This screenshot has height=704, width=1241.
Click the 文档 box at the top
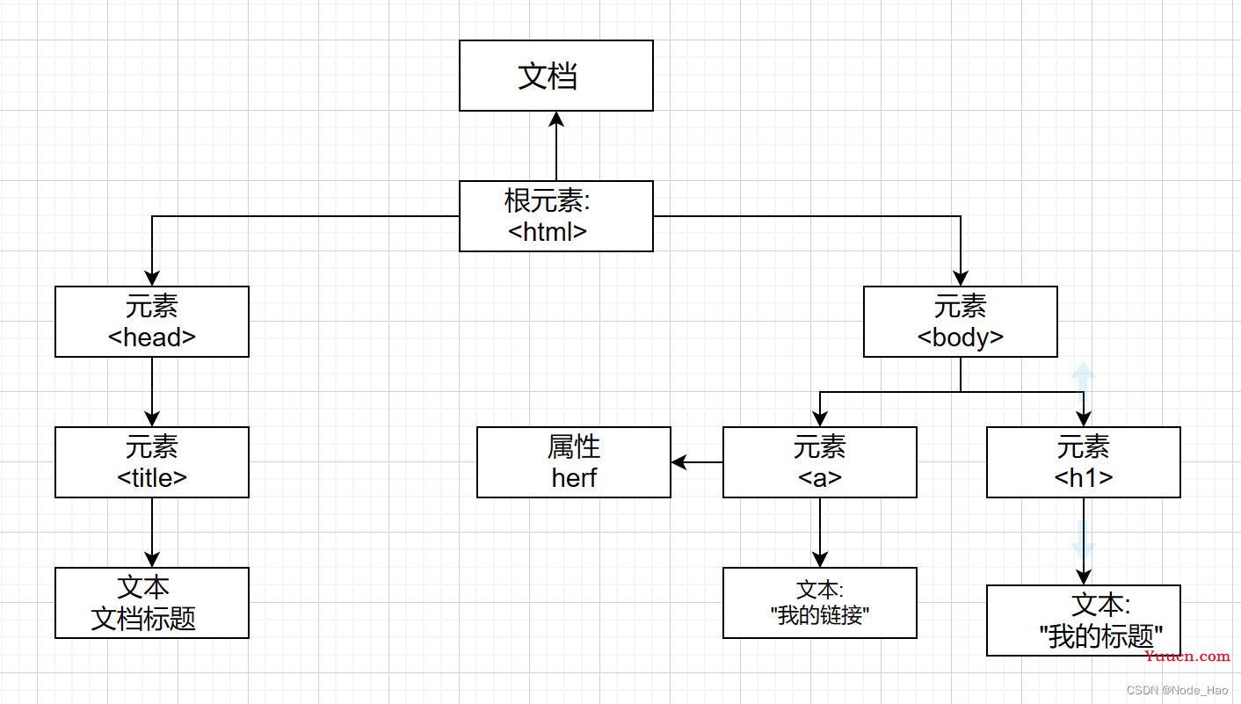[x=556, y=76]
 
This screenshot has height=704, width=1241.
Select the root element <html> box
[x=556, y=216]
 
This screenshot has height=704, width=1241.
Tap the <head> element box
[x=152, y=322]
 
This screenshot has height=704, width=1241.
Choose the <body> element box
[x=960, y=322]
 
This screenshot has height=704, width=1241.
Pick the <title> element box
[x=152, y=462]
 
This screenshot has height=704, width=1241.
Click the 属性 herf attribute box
[x=573, y=462]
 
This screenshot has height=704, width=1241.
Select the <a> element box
[x=819, y=462]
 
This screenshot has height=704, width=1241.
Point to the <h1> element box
[x=1083, y=462]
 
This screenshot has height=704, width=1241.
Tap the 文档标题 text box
[x=152, y=603]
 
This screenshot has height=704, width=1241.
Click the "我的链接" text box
[x=819, y=603]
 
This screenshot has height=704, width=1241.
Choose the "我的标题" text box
[x=1083, y=621]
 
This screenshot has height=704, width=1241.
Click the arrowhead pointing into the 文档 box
[x=556, y=119]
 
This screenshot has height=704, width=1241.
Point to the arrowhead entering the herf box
[x=679, y=462]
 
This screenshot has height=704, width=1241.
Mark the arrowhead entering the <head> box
[x=152, y=278]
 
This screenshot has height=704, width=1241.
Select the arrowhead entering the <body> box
[x=960, y=278]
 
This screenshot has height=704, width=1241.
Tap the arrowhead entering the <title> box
[x=152, y=418]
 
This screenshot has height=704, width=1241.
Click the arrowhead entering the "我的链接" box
[x=819, y=560]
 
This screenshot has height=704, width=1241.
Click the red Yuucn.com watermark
[x=1187, y=657]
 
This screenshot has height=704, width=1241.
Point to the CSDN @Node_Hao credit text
[x=1178, y=690]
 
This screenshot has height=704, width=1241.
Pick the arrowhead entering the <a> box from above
[x=819, y=418]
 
